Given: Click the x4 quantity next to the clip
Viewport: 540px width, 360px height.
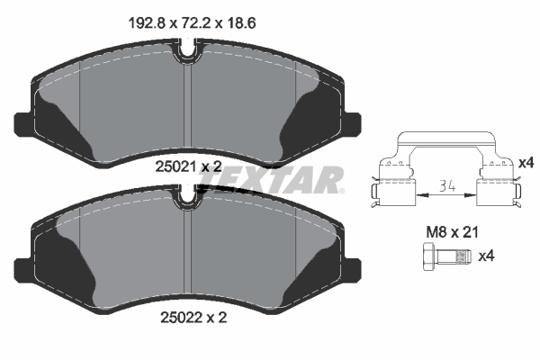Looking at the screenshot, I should coord(526,162).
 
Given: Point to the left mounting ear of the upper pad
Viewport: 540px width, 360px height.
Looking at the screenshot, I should coord(24,121).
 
